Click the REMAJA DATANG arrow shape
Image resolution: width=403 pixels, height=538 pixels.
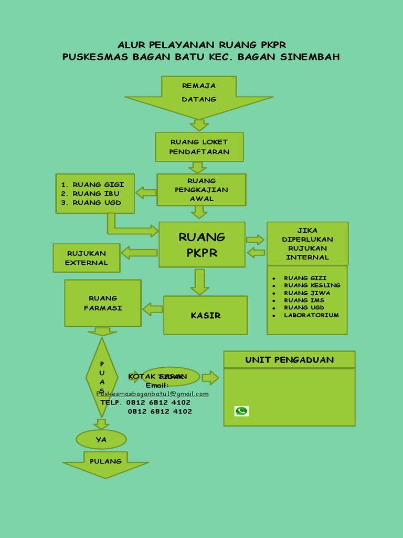(x=199, y=95)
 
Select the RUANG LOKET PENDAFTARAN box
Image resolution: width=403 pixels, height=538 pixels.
(x=199, y=147)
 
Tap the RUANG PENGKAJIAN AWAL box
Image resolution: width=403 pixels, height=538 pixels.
(x=201, y=190)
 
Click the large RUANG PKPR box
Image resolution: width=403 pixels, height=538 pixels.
(x=202, y=244)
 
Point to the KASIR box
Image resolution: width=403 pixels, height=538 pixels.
(x=205, y=315)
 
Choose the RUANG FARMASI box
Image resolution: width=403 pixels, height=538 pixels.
(x=103, y=303)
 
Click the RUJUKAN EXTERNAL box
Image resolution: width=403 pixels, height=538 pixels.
(x=87, y=258)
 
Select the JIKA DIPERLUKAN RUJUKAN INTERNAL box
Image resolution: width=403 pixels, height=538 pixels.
(x=307, y=244)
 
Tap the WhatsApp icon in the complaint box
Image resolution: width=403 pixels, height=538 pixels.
(x=241, y=411)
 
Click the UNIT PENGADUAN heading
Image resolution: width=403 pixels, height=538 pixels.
(x=289, y=360)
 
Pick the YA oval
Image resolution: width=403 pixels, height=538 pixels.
(x=101, y=439)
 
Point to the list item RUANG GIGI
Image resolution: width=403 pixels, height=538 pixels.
(x=98, y=184)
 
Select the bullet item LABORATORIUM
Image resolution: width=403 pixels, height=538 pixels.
(x=311, y=315)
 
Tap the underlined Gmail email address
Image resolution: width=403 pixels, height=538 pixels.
(x=153, y=394)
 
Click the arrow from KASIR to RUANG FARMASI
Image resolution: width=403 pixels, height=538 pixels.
(x=153, y=309)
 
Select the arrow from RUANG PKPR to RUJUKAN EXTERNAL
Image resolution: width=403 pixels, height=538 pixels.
(x=140, y=253)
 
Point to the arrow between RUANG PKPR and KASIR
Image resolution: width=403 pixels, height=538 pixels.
(x=199, y=282)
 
